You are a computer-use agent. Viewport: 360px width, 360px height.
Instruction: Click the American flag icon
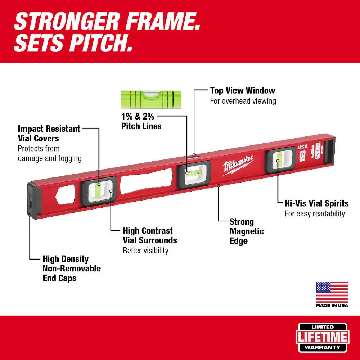coord(332,292)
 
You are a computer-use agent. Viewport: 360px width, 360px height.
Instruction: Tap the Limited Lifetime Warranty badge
coord(322,337)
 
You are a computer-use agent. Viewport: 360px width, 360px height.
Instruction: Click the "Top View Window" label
coord(242,90)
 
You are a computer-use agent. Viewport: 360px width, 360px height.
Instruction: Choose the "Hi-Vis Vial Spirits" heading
coord(316,203)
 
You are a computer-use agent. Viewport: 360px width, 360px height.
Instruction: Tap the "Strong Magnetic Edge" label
coord(247,231)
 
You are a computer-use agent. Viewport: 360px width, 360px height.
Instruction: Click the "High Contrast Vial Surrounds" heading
coord(150,235)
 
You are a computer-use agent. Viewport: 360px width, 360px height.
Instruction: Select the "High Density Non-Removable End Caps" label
coord(72,268)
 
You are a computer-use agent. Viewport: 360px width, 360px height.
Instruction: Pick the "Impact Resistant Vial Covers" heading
coord(49,134)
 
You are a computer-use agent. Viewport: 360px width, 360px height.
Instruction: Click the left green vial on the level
coord(98,190)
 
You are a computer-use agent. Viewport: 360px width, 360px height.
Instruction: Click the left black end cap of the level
coord(33,200)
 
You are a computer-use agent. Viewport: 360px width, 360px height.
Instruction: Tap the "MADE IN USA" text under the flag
coord(332,306)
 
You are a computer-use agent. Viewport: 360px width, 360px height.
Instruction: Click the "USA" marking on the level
coord(302,147)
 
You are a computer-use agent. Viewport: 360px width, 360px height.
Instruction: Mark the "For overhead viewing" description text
coord(243,101)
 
